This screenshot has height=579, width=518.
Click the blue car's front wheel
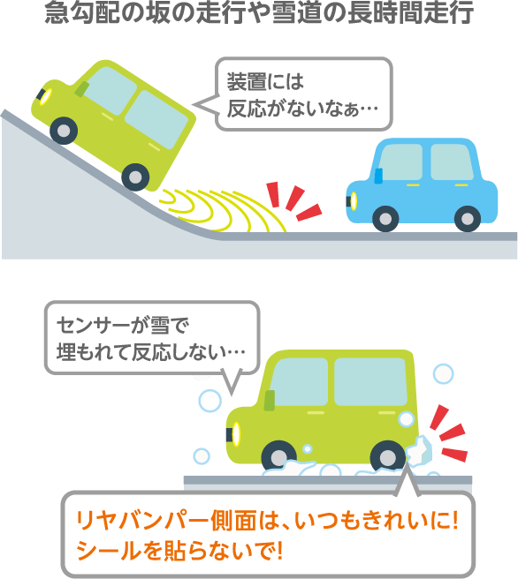pyautogui.click(x=385, y=219)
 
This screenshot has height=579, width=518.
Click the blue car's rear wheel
pyautogui.click(x=468, y=219)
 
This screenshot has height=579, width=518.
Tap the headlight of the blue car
pyautogui.click(x=354, y=201)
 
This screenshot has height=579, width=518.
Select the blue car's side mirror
pyautogui.click(x=378, y=176)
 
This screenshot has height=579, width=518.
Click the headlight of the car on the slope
pyautogui.click(x=46, y=97)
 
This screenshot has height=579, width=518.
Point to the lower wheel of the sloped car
pyautogui.click(x=135, y=177)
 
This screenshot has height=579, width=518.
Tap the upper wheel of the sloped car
pyautogui.click(x=64, y=131)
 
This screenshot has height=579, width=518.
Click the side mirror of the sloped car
pyautogui.click(x=81, y=89)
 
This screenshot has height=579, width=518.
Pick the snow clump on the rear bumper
pyautogui.click(x=419, y=451)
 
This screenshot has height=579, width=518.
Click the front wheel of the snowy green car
pyautogui.click(x=278, y=458)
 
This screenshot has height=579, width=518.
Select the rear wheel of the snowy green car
pyautogui.click(x=387, y=458)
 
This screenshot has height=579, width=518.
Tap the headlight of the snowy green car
pyautogui.click(x=236, y=434)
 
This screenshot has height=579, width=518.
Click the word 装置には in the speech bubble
pyautogui.click(x=265, y=81)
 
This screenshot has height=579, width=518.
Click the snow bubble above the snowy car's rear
pyautogui.click(x=443, y=373)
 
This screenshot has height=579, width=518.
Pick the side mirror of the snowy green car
pyautogui.click(x=270, y=401)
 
